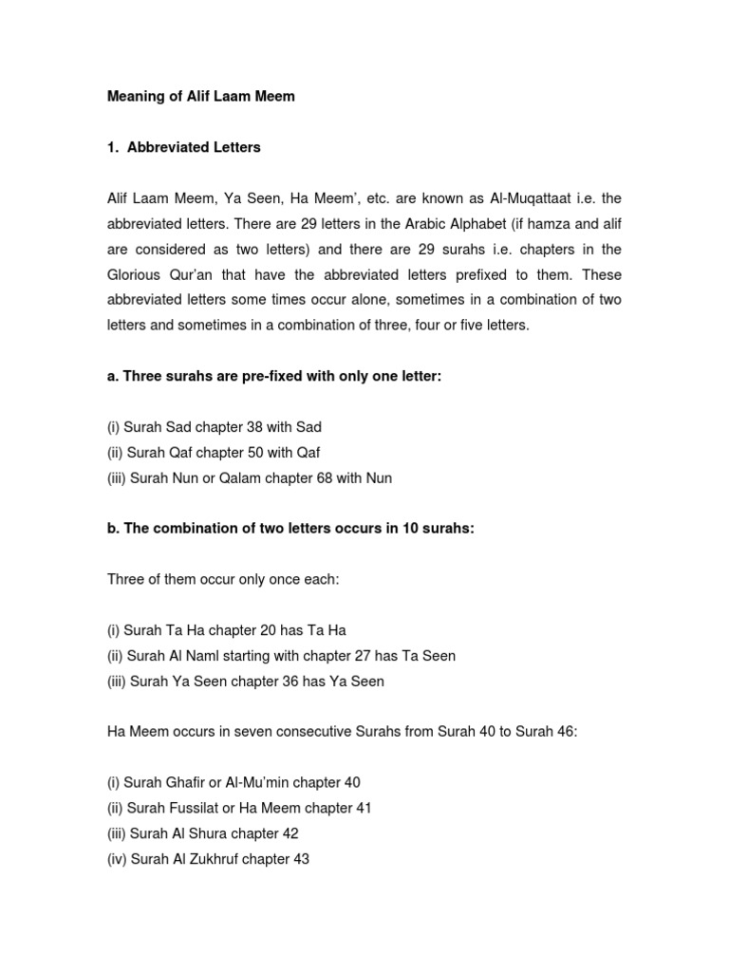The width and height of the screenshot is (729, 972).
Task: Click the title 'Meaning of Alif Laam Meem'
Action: (x=200, y=97)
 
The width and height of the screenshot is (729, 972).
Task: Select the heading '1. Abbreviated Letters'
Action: (x=183, y=148)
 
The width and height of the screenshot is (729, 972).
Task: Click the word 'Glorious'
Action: (x=136, y=274)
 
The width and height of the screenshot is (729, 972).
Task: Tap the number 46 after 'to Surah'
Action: (x=557, y=732)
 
